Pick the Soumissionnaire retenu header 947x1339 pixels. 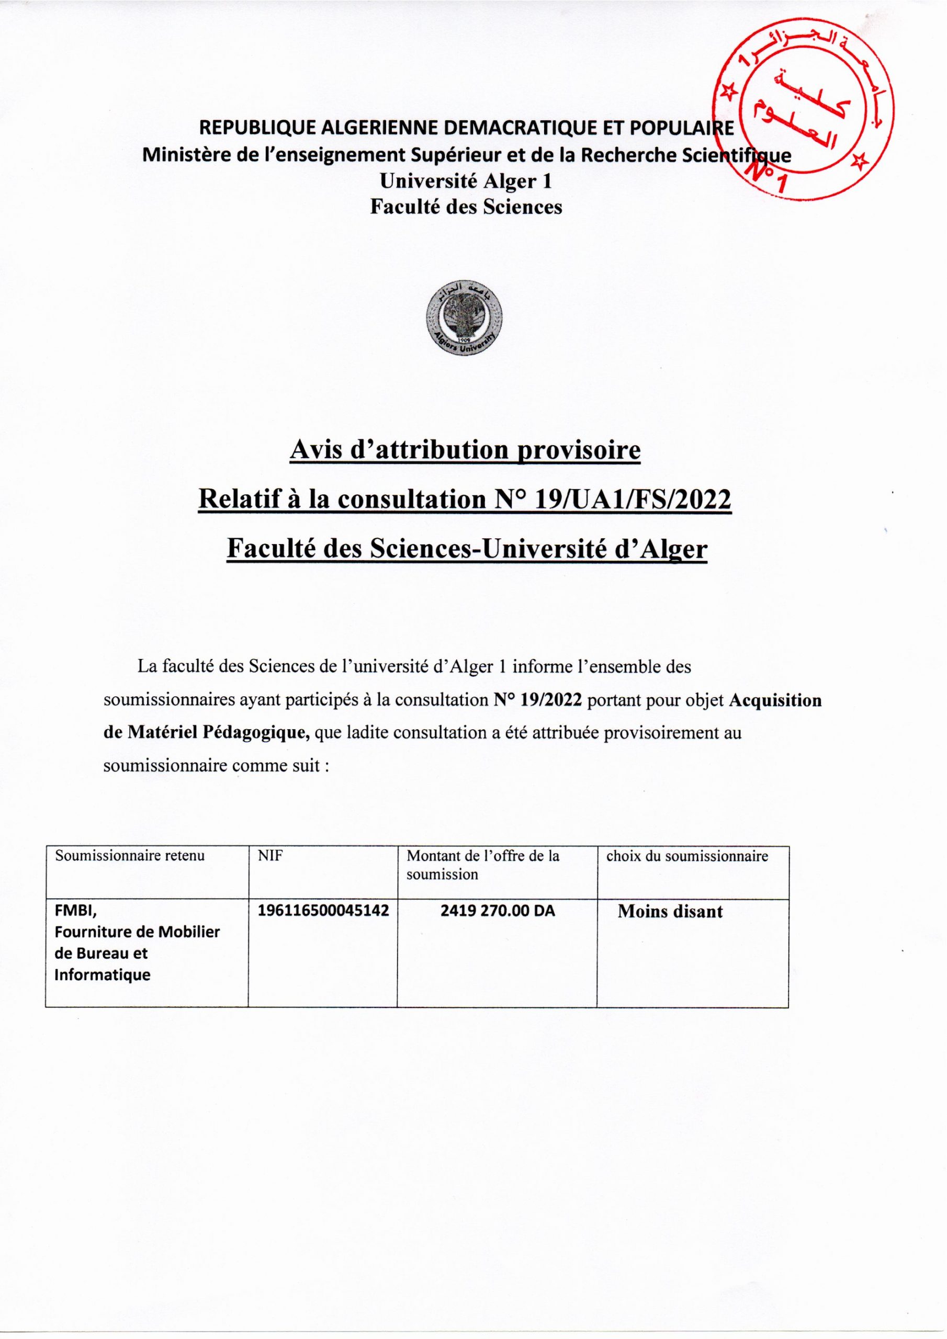(x=130, y=856)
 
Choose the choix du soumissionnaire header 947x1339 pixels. (x=687, y=856)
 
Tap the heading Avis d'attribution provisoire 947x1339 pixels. (x=465, y=451)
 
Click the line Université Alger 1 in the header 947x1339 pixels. (x=465, y=181)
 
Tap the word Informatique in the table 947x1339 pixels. (x=102, y=974)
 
